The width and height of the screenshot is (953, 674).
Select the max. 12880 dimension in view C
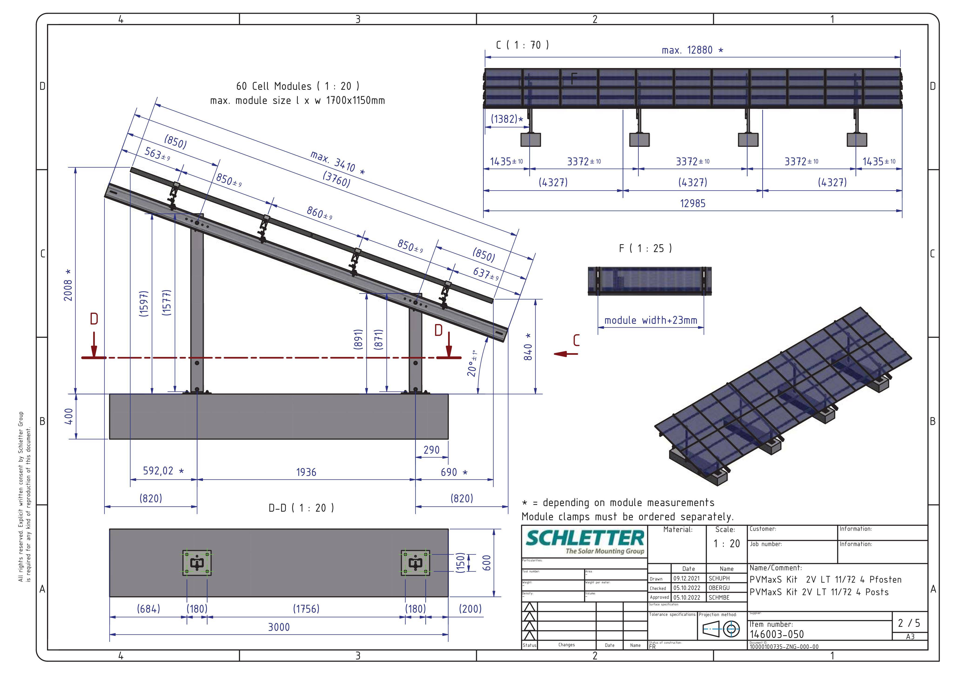[693, 50]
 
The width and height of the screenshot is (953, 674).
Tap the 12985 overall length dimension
[693, 203]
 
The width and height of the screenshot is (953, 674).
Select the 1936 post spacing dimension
[306, 472]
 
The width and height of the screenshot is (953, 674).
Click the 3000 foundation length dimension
[279, 627]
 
